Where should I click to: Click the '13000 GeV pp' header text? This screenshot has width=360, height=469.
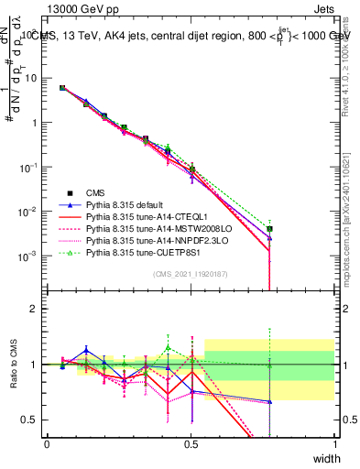[82, 7]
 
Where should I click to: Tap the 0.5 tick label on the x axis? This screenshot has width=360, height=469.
[191, 443]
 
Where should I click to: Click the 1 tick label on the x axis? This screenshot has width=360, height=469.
[335, 443]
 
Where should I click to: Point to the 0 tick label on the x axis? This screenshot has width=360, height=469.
[47, 443]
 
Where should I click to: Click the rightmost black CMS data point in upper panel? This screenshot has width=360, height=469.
[270, 229]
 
